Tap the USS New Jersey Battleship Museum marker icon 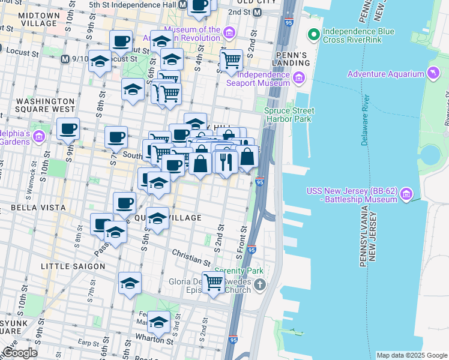coord(406,194)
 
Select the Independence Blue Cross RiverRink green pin coord(312,34)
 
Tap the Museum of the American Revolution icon coord(229,32)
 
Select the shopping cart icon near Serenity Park coord(214,281)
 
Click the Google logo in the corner coord(20,353)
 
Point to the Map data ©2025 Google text coord(411,355)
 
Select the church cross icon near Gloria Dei coord(259,284)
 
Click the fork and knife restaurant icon coord(226,161)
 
